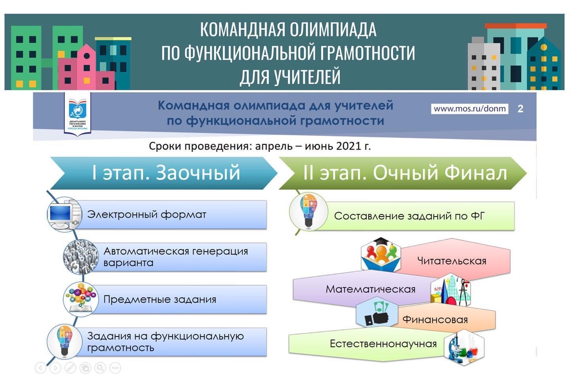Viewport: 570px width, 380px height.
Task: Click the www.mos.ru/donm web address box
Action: pos(469,109)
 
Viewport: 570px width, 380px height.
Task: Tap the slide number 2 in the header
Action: pos(521,109)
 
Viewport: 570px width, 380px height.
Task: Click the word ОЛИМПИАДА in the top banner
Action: pos(333,30)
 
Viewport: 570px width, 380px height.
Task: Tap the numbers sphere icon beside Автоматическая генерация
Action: pos(81,257)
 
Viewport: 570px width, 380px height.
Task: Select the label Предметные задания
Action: pos(160,299)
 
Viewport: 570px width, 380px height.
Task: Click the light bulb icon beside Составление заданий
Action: pos(309,211)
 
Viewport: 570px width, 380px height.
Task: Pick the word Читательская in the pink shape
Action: pos(452,261)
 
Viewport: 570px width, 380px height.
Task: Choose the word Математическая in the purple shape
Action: pos(370,289)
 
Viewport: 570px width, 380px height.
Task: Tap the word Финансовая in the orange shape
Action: pos(435,319)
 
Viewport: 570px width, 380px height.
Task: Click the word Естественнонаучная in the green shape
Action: pos(383,344)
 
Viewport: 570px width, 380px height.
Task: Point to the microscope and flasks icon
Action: pos(464,348)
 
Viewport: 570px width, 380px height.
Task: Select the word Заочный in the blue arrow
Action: pos(198,173)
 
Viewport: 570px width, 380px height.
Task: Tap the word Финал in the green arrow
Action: pos(476,173)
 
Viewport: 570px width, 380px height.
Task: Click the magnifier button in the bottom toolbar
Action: pos(100,368)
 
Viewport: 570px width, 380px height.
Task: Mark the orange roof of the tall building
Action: pos(515,26)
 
